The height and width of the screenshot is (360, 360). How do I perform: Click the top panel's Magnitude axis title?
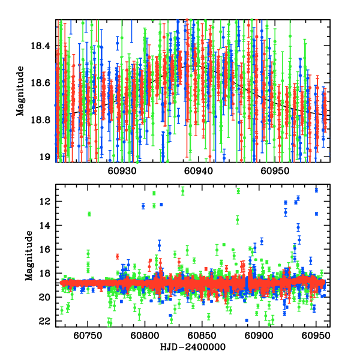tap(20, 90)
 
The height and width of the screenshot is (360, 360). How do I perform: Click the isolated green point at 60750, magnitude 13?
tap(89, 214)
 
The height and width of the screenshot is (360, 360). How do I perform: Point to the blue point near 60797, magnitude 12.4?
tap(143, 206)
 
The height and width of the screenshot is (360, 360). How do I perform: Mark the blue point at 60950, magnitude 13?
tap(316, 214)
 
